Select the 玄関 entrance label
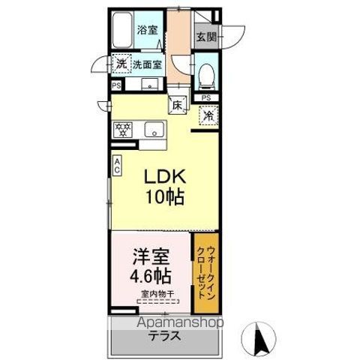tap(205, 34)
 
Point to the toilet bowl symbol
tap(205, 73)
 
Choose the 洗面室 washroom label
tap(148, 65)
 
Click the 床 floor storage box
tap(178, 105)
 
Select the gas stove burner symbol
tap(123, 129)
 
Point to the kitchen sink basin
tap(154, 129)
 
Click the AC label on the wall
tap(118, 166)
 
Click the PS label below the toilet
tap(206, 97)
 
